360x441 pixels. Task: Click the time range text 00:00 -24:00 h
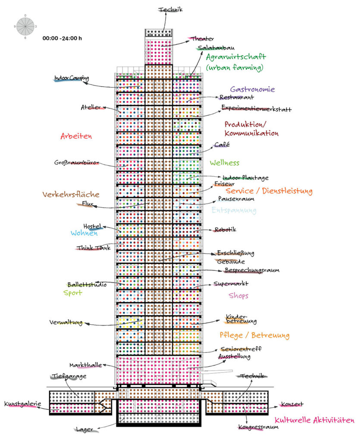coord(62,38)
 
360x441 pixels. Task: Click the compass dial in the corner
coord(25,26)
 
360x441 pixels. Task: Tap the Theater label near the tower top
coord(203,39)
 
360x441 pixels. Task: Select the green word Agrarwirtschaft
coord(236,57)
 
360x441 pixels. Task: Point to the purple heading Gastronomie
coord(253,89)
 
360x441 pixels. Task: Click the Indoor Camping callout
coord(72,78)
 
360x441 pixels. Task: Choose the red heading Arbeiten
coord(76,136)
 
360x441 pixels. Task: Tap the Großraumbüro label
coord(76,162)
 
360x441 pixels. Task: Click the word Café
coord(222,145)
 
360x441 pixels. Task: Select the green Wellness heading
coord(225,162)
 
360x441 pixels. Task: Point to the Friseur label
coord(224,183)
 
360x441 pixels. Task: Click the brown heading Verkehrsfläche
coord(71,194)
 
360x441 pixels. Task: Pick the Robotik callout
coord(225,230)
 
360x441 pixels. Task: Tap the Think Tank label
coord(94,248)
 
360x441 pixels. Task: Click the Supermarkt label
coord(231,283)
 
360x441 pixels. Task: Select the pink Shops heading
coord(238,295)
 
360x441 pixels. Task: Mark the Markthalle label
coord(85,365)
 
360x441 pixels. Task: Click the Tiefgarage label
coord(69,376)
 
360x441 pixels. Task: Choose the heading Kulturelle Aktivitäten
coord(314,420)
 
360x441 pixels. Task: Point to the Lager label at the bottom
coord(85,429)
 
